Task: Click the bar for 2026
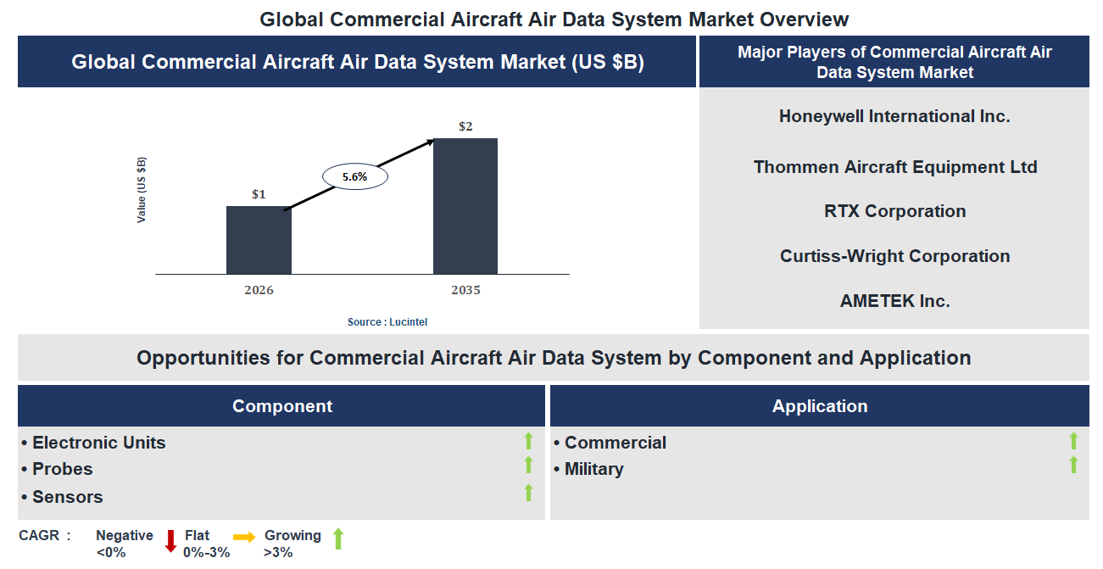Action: coord(259,240)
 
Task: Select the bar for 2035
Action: coord(465,206)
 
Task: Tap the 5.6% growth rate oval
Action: coord(354,177)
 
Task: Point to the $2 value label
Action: coord(465,126)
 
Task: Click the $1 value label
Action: coord(259,194)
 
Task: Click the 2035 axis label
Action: coord(465,290)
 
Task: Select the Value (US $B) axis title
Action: coord(142,190)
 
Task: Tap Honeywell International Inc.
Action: coord(894,116)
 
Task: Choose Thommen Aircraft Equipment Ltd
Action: coord(894,167)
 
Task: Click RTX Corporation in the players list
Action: coord(894,211)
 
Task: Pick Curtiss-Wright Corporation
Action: coord(894,256)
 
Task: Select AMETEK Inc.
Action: coord(894,301)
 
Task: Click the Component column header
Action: coord(281,406)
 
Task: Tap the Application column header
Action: coord(819,406)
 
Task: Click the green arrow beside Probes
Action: coord(528,465)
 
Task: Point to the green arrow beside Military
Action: coord(1073,465)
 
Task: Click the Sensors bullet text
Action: coord(67,497)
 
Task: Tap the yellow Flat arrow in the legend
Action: coord(244,537)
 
